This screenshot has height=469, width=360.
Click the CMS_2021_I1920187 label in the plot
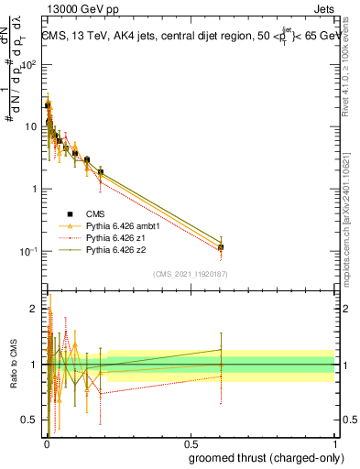pos(190,273)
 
